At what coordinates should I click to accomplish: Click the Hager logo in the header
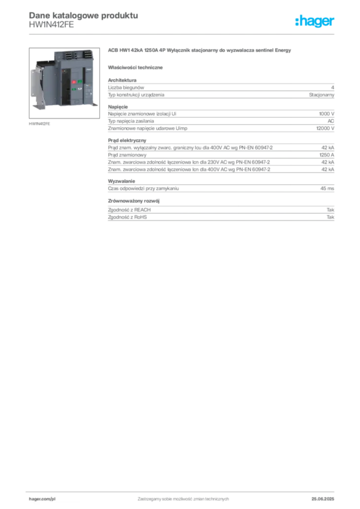click(314, 21)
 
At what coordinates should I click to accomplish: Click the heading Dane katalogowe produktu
click(84, 15)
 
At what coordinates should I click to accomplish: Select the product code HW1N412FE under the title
click(51, 25)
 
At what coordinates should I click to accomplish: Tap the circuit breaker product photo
click(64, 83)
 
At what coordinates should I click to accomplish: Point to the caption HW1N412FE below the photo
click(39, 124)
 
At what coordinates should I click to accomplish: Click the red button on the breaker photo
click(74, 82)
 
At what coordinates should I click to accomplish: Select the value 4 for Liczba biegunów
click(333, 87)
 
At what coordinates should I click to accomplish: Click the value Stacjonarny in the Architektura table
click(321, 95)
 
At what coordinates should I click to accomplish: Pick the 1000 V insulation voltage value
click(327, 114)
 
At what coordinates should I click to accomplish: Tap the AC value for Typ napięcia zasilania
click(331, 121)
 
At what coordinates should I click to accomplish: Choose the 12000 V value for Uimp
click(325, 128)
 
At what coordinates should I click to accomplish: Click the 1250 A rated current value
click(327, 155)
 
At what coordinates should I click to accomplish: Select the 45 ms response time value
click(327, 188)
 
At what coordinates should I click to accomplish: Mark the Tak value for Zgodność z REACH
click(331, 210)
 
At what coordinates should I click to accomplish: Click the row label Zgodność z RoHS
click(127, 217)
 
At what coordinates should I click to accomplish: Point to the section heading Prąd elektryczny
click(127, 141)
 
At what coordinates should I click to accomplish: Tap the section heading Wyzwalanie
click(121, 181)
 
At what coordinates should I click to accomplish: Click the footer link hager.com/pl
click(42, 499)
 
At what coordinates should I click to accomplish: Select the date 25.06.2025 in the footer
click(323, 499)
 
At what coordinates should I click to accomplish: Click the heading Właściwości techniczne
click(135, 68)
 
